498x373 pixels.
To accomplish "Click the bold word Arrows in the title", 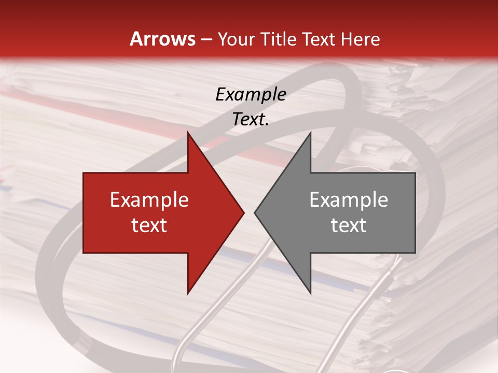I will (x=162, y=39).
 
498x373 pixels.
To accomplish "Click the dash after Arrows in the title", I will (x=206, y=40).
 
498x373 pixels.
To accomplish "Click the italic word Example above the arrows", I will (x=251, y=94).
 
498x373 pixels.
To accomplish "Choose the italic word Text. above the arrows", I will (x=251, y=119).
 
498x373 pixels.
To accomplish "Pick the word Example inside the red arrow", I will (x=149, y=200).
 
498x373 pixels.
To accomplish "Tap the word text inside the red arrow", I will (x=149, y=225).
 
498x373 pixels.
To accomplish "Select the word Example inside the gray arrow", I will (x=349, y=200).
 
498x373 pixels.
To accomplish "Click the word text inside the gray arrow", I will (x=349, y=225).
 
